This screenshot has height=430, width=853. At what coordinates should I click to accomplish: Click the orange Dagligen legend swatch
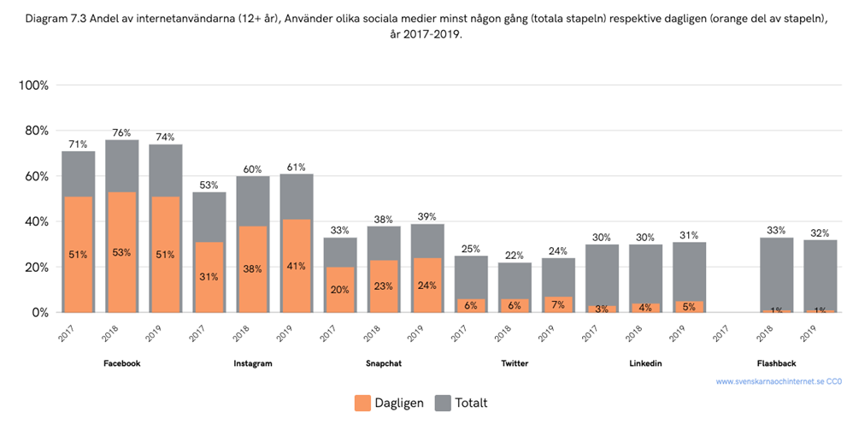point(361,402)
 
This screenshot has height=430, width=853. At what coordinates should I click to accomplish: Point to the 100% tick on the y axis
point(33,85)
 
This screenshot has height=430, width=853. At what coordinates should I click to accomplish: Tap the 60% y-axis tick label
point(36,177)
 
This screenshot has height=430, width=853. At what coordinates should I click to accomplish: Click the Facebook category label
point(121,363)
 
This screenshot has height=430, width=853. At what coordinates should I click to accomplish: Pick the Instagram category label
point(253,363)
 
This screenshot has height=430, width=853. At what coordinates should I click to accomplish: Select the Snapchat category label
point(384,363)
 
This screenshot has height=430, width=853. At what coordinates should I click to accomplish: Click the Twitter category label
point(515,363)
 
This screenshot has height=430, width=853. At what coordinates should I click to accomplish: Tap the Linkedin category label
point(645,363)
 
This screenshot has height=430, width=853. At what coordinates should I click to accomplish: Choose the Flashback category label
point(776,363)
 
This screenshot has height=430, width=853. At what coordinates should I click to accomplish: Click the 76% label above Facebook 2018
point(121,133)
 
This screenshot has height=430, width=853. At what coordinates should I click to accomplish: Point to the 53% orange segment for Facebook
point(121,252)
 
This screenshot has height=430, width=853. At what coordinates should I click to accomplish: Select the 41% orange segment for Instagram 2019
point(297,266)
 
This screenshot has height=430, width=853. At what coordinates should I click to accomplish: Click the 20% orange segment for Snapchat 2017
point(340,290)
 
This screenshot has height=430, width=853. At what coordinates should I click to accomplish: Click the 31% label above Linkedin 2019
point(689,235)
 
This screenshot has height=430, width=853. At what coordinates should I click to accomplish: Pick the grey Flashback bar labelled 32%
point(820,274)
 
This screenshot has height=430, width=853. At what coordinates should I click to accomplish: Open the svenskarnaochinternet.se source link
point(778,381)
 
